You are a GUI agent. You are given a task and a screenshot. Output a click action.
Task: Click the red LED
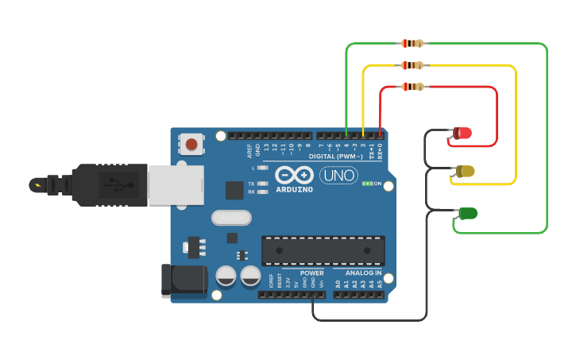[462, 133]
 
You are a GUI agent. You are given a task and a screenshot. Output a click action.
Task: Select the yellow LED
[466, 171]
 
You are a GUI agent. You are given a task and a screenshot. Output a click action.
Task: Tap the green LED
[468, 213]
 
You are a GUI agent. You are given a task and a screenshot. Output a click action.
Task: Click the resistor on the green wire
[412, 44]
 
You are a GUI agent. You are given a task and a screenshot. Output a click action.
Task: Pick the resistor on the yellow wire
[412, 65]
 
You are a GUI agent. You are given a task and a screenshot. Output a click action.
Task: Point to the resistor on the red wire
[412, 87]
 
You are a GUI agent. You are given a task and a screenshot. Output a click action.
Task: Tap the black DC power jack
[184, 281]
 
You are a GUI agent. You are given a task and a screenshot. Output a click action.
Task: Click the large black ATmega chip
[323, 250]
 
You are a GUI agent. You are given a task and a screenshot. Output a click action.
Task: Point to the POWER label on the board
[311, 273]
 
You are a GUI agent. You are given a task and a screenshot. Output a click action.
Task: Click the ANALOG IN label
[363, 273]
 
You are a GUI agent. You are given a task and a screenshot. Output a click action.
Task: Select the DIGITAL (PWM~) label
[335, 157]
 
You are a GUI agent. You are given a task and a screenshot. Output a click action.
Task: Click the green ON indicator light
[366, 184]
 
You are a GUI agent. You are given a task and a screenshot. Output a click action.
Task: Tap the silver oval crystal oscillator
[231, 218]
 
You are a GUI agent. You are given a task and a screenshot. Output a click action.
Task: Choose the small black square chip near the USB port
[234, 190]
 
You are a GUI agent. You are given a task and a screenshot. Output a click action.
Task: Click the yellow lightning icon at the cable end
[37, 185]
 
